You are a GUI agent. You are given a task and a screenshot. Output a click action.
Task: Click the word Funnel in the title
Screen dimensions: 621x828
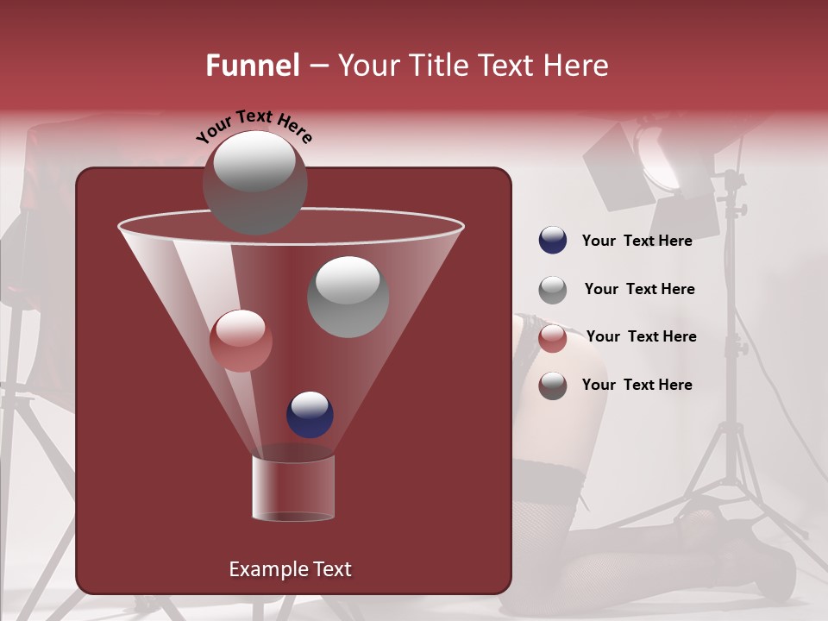click(252, 66)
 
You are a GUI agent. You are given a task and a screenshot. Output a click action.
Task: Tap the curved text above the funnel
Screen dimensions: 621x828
click(254, 125)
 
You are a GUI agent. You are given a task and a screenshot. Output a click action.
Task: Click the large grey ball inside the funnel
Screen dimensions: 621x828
click(348, 296)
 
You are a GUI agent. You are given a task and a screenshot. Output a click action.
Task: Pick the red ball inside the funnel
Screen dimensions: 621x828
click(241, 340)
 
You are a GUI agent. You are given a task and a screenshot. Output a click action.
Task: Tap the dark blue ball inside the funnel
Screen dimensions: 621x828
click(310, 414)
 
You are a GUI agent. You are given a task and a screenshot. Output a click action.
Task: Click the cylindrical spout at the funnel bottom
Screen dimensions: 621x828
click(292, 488)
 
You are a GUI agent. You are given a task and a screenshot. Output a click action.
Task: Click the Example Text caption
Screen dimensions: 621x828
click(290, 569)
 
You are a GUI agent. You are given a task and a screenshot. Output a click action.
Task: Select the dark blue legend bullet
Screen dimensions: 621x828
click(553, 241)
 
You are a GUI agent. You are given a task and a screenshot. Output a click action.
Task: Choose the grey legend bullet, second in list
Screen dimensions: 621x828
click(553, 290)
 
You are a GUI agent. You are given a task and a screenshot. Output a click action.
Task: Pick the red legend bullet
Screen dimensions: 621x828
click(553, 337)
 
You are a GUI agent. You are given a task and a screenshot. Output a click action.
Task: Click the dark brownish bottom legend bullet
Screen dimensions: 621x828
click(553, 386)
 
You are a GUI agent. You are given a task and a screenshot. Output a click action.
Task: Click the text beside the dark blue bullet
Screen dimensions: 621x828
click(637, 241)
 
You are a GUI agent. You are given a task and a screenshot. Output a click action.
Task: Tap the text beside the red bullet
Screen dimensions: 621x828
click(641, 336)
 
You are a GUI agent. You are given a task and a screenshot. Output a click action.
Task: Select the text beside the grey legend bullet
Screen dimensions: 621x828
click(639, 289)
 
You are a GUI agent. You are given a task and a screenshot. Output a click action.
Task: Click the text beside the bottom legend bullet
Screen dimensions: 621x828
click(637, 385)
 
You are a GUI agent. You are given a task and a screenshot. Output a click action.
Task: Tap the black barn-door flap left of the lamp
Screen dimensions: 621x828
click(614, 164)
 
